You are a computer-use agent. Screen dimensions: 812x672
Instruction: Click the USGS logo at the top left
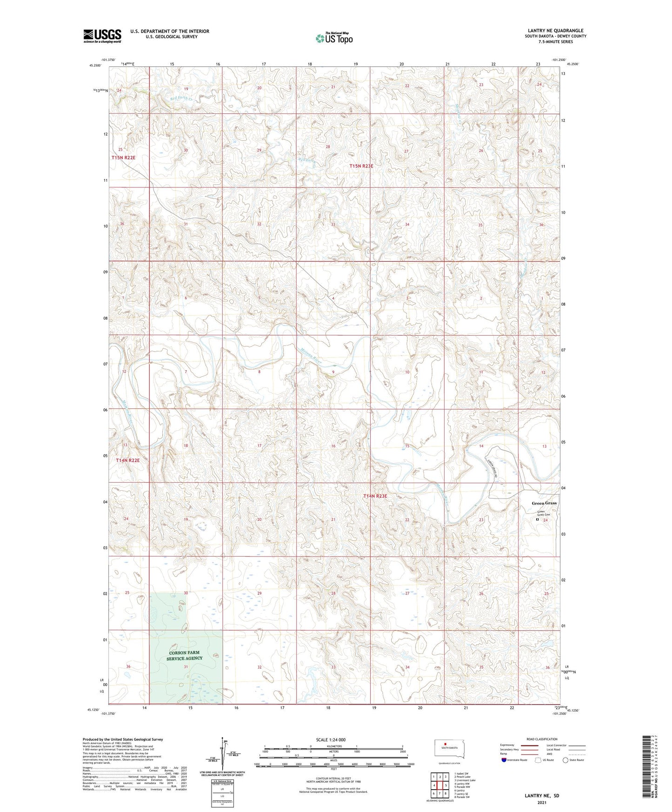pyautogui.click(x=102, y=36)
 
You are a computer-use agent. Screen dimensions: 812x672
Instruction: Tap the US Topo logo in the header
pyautogui.click(x=334, y=38)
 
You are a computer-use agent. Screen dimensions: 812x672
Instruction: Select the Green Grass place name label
pyautogui.click(x=544, y=503)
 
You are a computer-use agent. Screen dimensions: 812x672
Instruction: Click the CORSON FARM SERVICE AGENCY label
pyautogui.click(x=185, y=655)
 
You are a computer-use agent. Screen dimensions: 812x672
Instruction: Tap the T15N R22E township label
pyautogui.click(x=123, y=158)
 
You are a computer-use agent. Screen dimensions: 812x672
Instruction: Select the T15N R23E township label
pyautogui.click(x=361, y=166)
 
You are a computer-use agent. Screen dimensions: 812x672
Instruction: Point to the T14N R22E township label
pyautogui.click(x=127, y=460)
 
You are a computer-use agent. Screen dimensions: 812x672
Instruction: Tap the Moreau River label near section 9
pyautogui.click(x=311, y=356)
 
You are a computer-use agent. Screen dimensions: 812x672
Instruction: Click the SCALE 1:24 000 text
pyautogui.click(x=331, y=740)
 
